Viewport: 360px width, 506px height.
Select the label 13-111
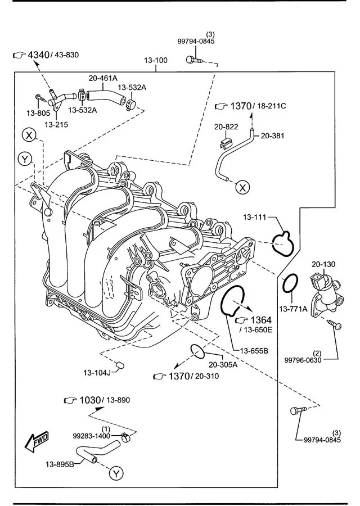[x=254, y=217]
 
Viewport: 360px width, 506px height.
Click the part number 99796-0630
[x=303, y=360]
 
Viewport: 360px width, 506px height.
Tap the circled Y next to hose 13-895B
[x=116, y=473]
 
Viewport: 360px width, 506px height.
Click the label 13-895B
[x=60, y=464]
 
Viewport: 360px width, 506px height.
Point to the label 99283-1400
[x=91, y=436]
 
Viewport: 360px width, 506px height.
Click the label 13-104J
[x=98, y=372]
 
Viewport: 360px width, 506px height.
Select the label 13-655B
[x=254, y=351]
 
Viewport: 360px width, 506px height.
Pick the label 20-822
[x=227, y=127]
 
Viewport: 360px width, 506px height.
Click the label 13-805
[x=38, y=113]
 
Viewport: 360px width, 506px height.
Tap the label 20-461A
[x=103, y=78]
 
